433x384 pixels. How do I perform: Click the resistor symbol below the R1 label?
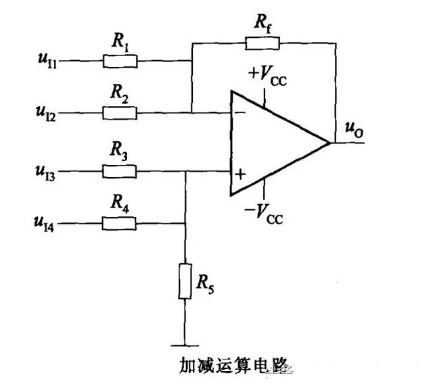[x=120, y=62]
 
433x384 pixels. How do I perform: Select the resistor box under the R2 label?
[x=120, y=113]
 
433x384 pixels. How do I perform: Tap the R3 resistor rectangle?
[x=119, y=171]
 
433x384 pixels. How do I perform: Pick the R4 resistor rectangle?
[x=119, y=224]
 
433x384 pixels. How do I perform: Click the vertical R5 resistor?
[x=185, y=281]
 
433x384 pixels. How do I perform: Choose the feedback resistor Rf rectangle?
[x=263, y=43]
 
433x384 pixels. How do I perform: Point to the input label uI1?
[x=47, y=61]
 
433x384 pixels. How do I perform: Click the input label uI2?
[x=46, y=114]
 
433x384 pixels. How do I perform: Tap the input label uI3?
[x=45, y=172]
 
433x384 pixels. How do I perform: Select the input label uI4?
[x=44, y=224]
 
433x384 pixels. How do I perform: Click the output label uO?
[x=355, y=130]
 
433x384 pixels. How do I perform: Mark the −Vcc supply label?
[x=264, y=214]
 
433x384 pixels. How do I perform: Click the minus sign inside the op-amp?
[x=240, y=112]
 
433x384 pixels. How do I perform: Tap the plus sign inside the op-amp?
[x=240, y=174]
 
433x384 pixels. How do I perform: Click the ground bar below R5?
[x=185, y=345]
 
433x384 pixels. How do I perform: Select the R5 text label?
[x=205, y=284]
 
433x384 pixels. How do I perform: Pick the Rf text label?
[x=263, y=23]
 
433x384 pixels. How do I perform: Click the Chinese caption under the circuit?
[x=235, y=365]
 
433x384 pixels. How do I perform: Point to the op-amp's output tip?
[x=330, y=143]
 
